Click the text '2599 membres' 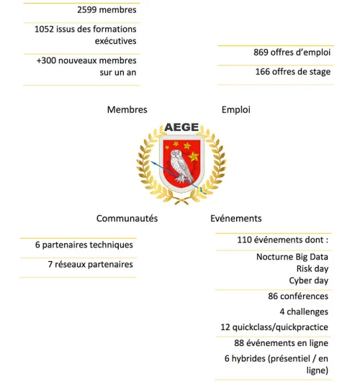[x=107, y=10]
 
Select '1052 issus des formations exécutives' [x=85, y=35]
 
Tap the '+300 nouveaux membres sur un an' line [x=86, y=66]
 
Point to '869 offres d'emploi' [x=292, y=53]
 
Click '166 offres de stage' [x=292, y=72]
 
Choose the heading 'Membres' [x=127, y=110]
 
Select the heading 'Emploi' [x=236, y=110]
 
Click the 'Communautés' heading [x=127, y=219]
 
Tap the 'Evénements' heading [x=236, y=219]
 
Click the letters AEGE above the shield [x=181, y=128]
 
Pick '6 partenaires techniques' [x=84, y=245]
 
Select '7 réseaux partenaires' [x=91, y=265]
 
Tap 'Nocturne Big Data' [x=292, y=257]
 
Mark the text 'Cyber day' [x=308, y=281]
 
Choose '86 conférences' [x=297, y=296]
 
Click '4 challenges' [x=304, y=312]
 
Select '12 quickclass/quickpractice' [x=274, y=327]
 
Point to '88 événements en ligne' [x=281, y=342]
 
